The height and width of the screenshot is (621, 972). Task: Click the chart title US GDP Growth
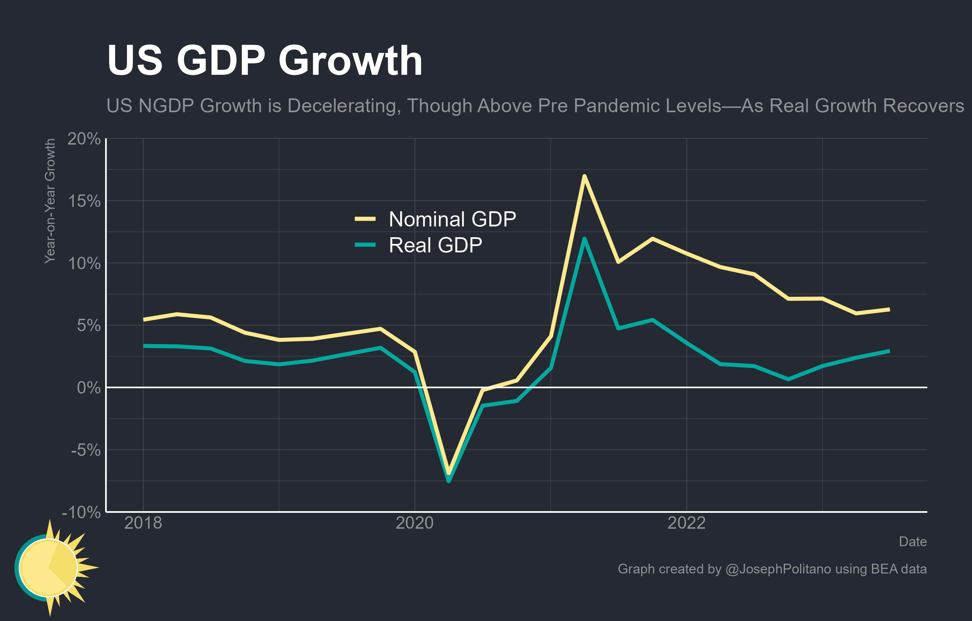click(264, 61)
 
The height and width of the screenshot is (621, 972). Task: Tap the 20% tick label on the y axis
click(84, 139)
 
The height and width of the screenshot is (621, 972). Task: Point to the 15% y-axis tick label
click(84, 201)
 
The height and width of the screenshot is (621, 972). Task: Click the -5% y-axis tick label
click(86, 450)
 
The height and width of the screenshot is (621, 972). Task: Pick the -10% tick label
click(81, 513)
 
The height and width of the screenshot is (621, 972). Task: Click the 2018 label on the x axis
click(143, 523)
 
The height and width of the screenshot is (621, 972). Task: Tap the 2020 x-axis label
click(415, 523)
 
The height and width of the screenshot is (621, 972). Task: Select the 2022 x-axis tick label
click(687, 523)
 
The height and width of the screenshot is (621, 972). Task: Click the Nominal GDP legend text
click(452, 219)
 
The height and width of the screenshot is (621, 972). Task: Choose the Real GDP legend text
click(435, 245)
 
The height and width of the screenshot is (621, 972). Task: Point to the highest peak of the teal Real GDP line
click(584, 239)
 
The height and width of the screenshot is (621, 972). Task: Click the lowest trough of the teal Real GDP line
click(449, 481)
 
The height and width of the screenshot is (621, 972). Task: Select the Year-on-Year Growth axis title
click(50, 201)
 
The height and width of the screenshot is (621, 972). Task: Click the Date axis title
click(913, 541)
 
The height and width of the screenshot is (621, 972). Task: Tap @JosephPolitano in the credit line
click(778, 569)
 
